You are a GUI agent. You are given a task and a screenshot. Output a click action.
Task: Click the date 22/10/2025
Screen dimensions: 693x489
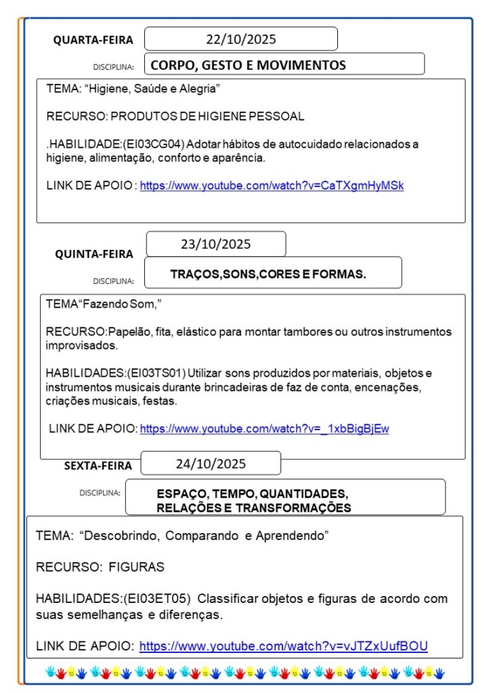[x=240, y=39]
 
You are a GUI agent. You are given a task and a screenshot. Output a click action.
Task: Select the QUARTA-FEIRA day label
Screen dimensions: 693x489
[x=93, y=41]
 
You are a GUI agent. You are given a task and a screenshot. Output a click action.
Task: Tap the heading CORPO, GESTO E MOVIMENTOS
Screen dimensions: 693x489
[x=248, y=66]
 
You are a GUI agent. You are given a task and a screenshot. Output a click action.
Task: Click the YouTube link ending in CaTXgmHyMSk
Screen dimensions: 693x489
[x=272, y=185]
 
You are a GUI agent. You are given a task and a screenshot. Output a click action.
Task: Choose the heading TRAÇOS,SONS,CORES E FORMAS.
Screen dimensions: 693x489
[x=268, y=274]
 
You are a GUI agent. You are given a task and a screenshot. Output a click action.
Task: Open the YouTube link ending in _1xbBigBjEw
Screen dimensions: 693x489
[x=264, y=428]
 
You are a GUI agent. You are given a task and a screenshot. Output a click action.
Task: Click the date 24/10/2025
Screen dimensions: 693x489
[x=211, y=464]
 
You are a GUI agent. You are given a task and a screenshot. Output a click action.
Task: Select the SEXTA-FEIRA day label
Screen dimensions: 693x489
[x=98, y=465]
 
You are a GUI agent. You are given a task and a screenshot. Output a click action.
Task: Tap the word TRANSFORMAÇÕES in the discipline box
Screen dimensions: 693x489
[x=293, y=507]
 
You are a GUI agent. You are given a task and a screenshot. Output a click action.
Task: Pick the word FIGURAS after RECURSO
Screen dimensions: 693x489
[x=136, y=567]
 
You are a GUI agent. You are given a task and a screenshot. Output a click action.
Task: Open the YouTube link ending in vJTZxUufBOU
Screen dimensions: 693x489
[x=283, y=646]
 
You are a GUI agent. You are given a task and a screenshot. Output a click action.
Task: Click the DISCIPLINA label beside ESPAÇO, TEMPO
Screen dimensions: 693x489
[x=100, y=492]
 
